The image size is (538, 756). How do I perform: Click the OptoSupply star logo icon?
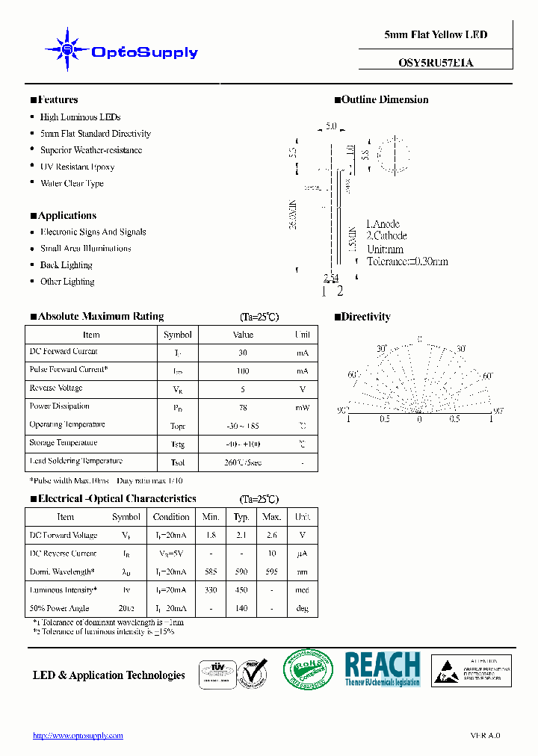point(68,50)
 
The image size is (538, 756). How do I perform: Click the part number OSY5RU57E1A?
point(436,63)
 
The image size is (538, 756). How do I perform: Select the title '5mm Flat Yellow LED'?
point(436,34)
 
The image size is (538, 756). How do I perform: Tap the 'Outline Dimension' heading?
point(384,99)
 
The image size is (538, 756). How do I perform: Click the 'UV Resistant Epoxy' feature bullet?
point(77,167)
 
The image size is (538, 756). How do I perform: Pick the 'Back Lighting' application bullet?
point(66,265)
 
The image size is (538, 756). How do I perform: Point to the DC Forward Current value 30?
point(243,353)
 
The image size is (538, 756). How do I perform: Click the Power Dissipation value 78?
point(243,408)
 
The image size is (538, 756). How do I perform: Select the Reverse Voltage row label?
point(56,388)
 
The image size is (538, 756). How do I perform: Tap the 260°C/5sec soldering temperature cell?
point(243,462)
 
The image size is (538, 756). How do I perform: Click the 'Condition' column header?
point(171,517)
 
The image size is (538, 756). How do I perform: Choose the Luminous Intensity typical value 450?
point(241,590)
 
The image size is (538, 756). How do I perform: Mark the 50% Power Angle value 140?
point(241,609)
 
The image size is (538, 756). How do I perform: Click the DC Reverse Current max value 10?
point(272,554)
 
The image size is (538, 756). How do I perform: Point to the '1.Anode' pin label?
point(383,223)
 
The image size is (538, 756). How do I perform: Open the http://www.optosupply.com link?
point(78,736)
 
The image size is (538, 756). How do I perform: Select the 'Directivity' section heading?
point(365,317)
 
